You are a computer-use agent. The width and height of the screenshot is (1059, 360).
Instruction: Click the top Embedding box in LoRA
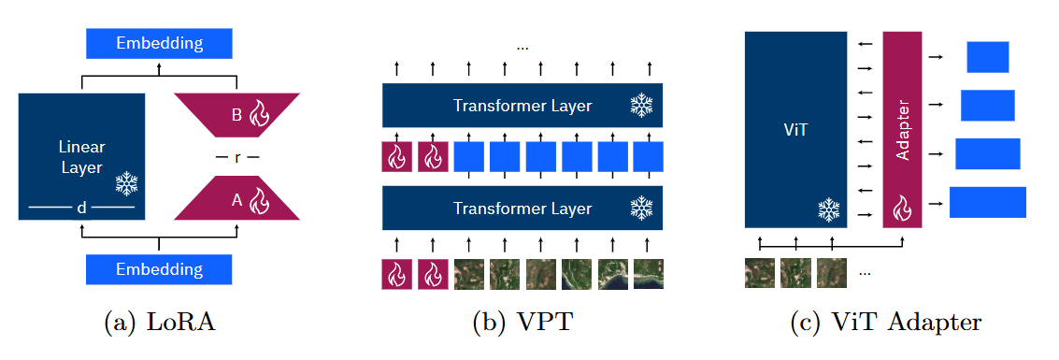click(x=158, y=43)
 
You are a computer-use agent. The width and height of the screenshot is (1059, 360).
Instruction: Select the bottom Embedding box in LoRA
click(x=158, y=269)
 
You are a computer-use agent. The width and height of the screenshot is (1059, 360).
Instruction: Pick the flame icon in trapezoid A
click(x=260, y=199)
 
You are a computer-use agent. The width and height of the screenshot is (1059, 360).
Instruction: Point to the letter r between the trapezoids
click(x=236, y=158)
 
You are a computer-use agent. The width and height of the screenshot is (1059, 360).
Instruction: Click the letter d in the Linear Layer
click(x=81, y=209)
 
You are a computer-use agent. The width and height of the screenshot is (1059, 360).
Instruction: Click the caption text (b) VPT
click(x=522, y=324)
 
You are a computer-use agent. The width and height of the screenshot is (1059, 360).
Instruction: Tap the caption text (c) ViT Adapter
click(x=885, y=324)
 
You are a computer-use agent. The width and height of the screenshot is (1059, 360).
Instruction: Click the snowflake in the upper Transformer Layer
click(x=641, y=106)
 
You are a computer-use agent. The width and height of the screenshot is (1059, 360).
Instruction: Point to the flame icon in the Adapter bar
click(x=902, y=208)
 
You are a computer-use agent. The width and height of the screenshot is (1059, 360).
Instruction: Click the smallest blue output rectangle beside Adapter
click(x=987, y=57)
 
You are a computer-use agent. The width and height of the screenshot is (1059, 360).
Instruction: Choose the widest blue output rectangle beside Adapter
click(x=987, y=202)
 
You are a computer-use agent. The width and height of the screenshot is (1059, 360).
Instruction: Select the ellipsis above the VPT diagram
click(x=522, y=46)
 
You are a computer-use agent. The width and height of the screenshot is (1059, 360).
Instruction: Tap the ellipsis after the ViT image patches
click(x=865, y=273)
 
